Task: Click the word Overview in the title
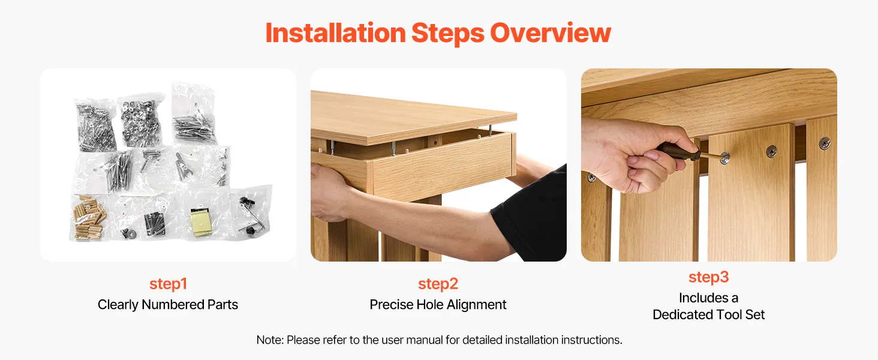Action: (x=551, y=32)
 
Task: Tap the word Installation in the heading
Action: (x=335, y=32)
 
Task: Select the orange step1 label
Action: (x=168, y=284)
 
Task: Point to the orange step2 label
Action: (x=438, y=284)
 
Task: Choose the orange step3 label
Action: (x=709, y=277)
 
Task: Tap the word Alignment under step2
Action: (x=476, y=305)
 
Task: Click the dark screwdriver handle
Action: (x=678, y=151)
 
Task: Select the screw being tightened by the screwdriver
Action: (x=725, y=158)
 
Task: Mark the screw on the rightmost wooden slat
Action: (x=824, y=143)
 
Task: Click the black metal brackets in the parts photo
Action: (x=154, y=224)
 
